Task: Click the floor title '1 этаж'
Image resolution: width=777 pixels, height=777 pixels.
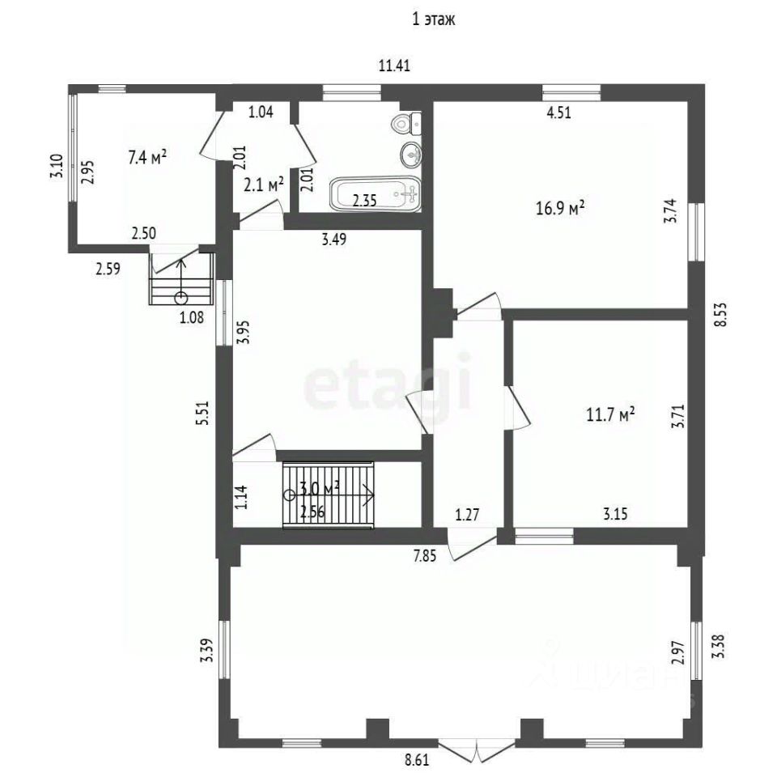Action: [434, 19]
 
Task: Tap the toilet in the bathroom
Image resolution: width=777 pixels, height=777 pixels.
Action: [406, 122]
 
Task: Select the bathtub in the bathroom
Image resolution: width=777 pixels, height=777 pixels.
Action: [375, 194]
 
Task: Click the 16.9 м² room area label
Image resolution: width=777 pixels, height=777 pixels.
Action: [560, 208]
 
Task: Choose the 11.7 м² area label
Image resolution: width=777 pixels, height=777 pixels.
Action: [610, 414]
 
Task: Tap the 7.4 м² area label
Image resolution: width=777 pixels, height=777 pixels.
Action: [147, 157]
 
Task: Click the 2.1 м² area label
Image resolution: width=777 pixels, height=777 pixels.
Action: [264, 185]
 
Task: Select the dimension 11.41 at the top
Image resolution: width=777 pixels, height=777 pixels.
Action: [394, 66]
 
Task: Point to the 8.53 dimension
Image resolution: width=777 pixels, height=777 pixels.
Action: [720, 314]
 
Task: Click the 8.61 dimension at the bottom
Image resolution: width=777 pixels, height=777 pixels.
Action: [417, 760]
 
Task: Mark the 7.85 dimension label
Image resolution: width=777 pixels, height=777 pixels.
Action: [425, 556]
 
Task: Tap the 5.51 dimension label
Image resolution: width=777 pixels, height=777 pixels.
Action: [203, 412]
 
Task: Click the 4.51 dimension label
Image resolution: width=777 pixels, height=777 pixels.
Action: [559, 113]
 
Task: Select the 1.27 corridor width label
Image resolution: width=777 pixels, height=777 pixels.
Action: [467, 515]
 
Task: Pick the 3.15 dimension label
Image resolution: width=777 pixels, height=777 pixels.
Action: [615, 513]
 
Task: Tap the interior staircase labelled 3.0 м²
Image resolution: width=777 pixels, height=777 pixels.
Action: [328, 495]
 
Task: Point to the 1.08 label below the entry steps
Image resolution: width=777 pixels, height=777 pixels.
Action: [191, 317]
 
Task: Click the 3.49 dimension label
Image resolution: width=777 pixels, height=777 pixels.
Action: [334, 240]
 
